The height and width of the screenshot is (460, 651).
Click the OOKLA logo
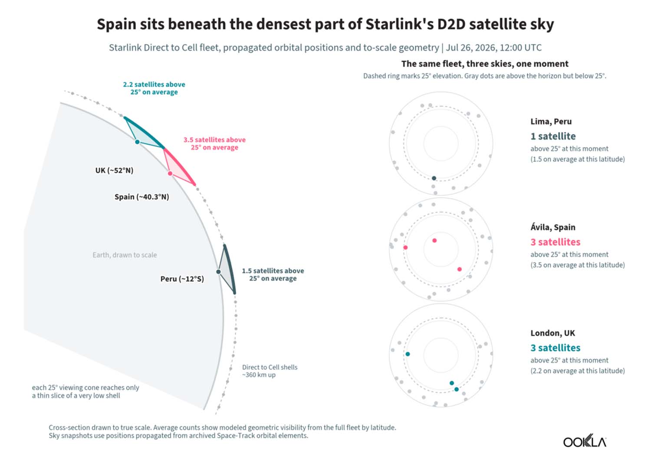(x=585, y=441)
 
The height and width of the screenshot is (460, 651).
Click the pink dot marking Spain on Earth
(x=170, y=173)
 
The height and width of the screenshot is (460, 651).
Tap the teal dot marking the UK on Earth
(x=138, y=142)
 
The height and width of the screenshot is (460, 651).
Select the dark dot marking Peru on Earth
(x=218, y=271)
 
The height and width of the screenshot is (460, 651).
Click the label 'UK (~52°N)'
(x=114, y=170)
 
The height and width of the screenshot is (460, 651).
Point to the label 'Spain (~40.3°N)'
(x=141, y=197)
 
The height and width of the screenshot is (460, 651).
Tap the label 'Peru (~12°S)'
(x=182, y=279)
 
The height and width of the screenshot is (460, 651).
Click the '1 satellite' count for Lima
(x=553, y=136)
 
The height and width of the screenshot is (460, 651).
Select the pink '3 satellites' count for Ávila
(x=555, y=241)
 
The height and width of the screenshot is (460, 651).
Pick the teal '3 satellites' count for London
(x=555, y=347)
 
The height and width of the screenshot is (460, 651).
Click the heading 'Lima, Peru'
(x=551, y=121)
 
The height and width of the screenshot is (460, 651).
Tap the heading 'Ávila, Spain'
(x=553, y=227)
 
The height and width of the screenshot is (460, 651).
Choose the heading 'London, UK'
(x=552, y=333)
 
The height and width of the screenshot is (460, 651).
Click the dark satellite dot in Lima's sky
(x=434, y=178)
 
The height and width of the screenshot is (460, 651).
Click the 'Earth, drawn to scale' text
(x=125, y=255)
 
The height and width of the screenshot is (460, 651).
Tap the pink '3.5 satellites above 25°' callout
(x=214, y=144)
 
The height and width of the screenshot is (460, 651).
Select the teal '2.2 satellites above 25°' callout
(x=154, y=88)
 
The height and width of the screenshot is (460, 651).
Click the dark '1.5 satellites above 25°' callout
(x=273, y=274)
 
